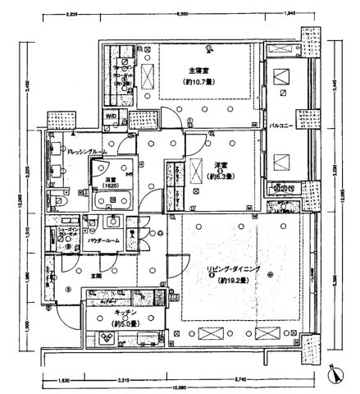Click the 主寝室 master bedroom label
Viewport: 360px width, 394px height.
[x=197, y=71]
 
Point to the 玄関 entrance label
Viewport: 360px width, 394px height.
[x=97, y=277]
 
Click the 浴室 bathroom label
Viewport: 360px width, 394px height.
[x=109, y=177]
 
